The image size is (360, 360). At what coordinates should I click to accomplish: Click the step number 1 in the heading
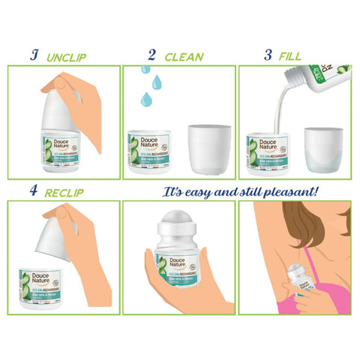click(x=33, y=55)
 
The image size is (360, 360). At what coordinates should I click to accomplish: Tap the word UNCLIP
click(x=70, y=56)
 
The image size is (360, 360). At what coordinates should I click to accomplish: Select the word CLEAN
click(x=184, y=56)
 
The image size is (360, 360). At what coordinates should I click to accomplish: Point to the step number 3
click(x=268, y=55)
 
